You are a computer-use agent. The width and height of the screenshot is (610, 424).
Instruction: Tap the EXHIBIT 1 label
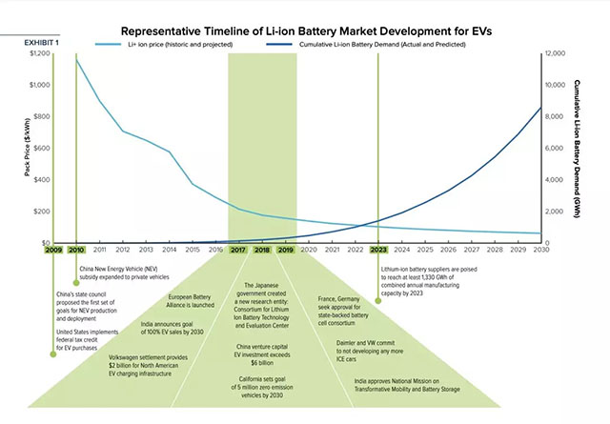pyautogui.click(x=43, y=43)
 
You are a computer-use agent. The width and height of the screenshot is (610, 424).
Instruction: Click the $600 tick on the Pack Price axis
pyautogui.click(x=42, y=148)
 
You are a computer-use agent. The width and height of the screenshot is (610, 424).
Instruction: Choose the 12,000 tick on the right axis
pyautogui.click(x=554, y=53)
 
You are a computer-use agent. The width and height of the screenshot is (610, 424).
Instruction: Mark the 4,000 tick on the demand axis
pyautogui.click(x=553, y=179)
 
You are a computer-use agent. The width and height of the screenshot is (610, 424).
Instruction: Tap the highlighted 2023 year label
pyautogui.click(x=378, y=250)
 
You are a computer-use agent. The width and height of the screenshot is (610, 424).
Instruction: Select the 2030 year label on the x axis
pyautogui.click(x=540, y=250)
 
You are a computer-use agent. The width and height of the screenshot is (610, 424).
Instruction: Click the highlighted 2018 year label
pyautogui.click(x=261, y=250)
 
